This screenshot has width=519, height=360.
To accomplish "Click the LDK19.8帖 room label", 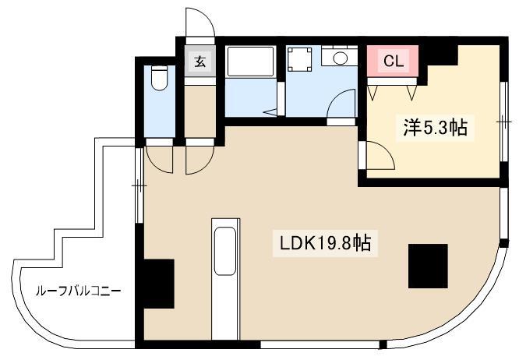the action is point(326,243).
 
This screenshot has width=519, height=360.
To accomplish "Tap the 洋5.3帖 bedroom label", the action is point(435,128).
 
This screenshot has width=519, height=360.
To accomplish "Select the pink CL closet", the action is point(393,62).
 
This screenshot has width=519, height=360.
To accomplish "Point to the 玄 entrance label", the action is point(199,62).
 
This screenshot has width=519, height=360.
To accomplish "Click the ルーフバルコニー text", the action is point(78,291).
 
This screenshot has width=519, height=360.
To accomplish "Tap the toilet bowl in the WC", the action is point(159,78).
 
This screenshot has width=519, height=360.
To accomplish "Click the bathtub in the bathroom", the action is point(251,62).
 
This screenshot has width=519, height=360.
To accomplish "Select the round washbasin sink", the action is point(340,58).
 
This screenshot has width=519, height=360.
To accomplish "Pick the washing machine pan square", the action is point(299,59).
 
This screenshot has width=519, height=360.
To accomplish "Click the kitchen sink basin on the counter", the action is point(225,251).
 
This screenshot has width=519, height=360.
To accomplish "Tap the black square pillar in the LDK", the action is point(428,266).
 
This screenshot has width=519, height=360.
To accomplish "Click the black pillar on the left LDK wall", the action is point(159,284).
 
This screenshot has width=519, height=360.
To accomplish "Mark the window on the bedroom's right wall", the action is point(503,122).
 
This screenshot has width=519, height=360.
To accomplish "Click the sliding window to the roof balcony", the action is point(139,185).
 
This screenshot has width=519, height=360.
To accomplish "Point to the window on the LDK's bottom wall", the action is point(320,344).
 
